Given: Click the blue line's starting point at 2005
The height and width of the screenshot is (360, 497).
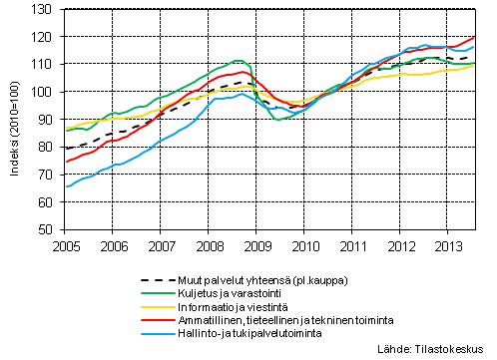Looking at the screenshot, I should pyautogui.click(x=66, y=186).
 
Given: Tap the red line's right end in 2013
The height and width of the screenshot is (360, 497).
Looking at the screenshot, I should pyautogui.click(x=474, y=38).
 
